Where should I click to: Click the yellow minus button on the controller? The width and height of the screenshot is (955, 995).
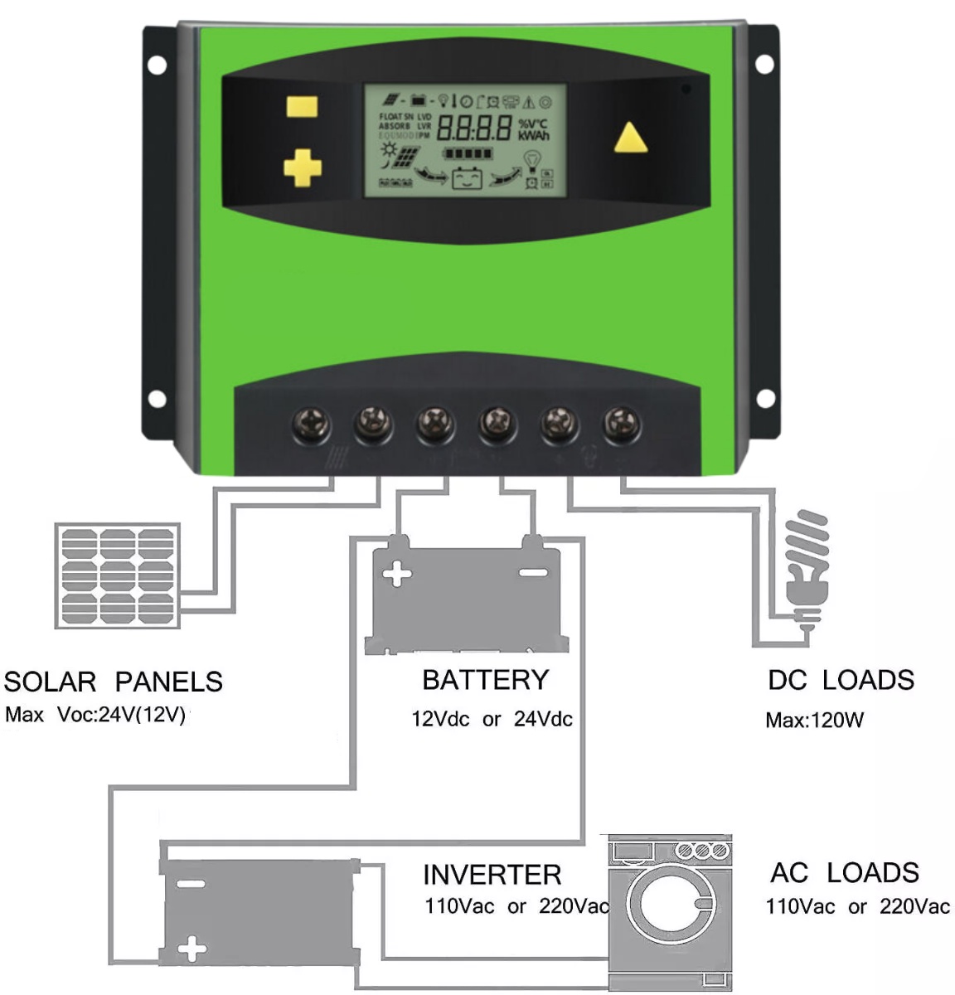pos(302,107)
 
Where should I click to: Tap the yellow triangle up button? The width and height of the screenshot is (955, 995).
pos(630,138)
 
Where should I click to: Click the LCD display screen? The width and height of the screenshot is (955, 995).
pos(465,140)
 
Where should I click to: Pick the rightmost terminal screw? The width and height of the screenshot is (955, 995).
pos(621,425)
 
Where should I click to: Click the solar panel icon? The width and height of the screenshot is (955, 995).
pos(117,575)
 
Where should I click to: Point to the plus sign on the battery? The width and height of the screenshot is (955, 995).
pos(397,573)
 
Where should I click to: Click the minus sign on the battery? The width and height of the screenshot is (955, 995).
pos(532,572)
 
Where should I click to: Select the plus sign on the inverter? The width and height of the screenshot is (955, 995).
pos(192,948)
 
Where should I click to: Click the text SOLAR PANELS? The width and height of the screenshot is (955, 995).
pos(114,682)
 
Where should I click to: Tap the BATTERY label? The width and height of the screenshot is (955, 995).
pos(485,680)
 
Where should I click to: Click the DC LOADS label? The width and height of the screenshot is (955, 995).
pos(841,680)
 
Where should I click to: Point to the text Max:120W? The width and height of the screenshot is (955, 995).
pos(814,720)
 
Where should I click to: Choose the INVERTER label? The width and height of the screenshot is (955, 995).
pos(492,875)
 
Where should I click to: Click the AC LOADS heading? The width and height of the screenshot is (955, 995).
pos(844,872)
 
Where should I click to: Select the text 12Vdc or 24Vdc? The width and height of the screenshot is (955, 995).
pos(492,719)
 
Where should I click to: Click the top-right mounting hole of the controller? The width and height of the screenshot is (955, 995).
pos(764,63)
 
